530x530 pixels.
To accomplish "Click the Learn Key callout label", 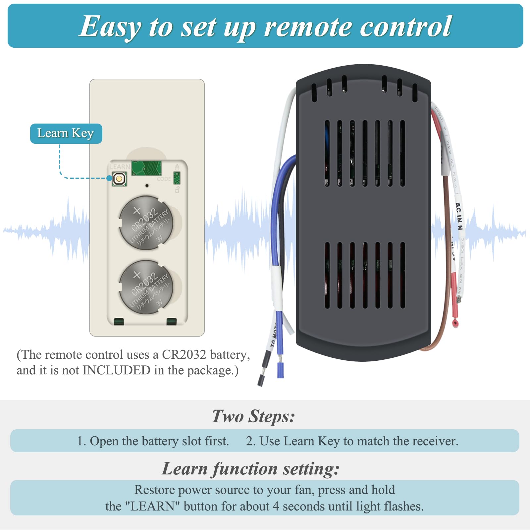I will click(66, 133).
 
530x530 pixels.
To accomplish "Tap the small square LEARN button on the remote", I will click(119, 179).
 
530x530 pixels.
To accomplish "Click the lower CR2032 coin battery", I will click(146, 287).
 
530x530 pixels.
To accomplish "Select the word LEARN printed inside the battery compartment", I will click(120, 167).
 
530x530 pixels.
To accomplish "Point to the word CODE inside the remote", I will click(164, 179).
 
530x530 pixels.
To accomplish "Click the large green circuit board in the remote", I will click(146, 168).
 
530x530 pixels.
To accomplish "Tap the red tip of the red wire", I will click(455, 323).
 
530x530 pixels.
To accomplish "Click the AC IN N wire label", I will click(459, 217).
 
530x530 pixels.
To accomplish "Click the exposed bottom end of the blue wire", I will click(280, 370).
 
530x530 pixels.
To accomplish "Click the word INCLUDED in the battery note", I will click(117, 370).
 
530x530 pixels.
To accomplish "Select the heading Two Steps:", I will click(253, 416).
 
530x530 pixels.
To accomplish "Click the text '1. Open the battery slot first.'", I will click(153, 441).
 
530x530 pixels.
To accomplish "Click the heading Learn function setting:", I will click(251, 469).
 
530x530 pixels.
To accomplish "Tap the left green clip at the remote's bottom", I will click(119, 321).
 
